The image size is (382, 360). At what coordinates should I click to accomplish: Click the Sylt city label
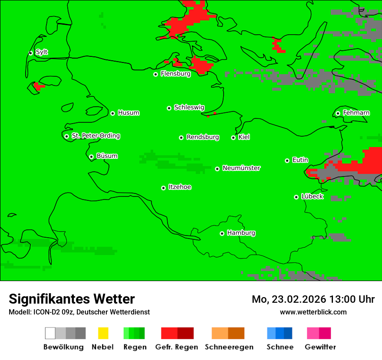(x=42, y=52)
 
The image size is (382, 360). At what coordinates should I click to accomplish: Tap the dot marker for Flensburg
(x=155, y=74)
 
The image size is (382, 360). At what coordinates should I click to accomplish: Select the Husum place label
(x=128, y=113)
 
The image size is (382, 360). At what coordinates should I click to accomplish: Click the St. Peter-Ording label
(x=95, y=136)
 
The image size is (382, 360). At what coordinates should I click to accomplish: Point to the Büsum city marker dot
(x=91, y=157)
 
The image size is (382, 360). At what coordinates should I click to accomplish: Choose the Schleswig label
(x=189, y=107)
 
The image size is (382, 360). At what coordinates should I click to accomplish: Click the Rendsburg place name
(x=203, y=137)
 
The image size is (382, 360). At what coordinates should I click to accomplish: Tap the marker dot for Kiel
(x=233, y=137)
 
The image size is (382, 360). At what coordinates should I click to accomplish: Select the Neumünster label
(x=241, y=168)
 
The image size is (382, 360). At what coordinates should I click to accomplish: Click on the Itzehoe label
(x=180, y=187)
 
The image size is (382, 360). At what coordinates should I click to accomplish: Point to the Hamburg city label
(x=241, y=233)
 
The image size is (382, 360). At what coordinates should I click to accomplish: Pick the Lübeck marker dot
(x=296, y=197)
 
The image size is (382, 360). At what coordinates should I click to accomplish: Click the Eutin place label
(x=300, y=160)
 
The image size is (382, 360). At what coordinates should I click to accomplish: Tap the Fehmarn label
(x=356, y=113)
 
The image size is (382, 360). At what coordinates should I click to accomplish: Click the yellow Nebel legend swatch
(x=103, y=333)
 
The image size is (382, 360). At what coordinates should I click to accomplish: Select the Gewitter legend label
(x=320, y=347)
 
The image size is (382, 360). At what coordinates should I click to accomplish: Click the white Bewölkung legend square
(x=50, y=333)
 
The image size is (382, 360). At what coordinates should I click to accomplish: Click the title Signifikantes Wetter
(x=72, y=299)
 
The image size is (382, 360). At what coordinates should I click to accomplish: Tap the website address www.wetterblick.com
(x=313, y=312)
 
